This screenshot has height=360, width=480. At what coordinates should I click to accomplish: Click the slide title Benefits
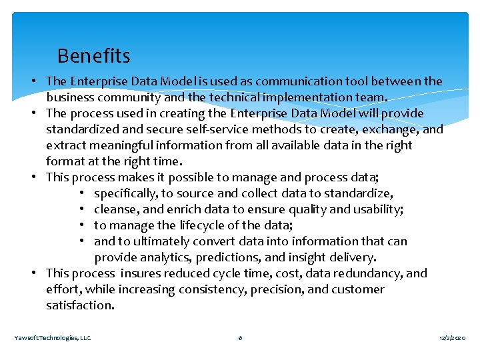(x=93, y=55)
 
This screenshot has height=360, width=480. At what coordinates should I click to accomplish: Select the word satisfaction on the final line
(x=80, y=305)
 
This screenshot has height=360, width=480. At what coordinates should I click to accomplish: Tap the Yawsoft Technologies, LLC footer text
(x=53, y=338)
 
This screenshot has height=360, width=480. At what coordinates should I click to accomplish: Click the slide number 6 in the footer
(x=240, y=338)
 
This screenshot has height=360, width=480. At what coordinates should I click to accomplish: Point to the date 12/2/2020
(x=453, y=338)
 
